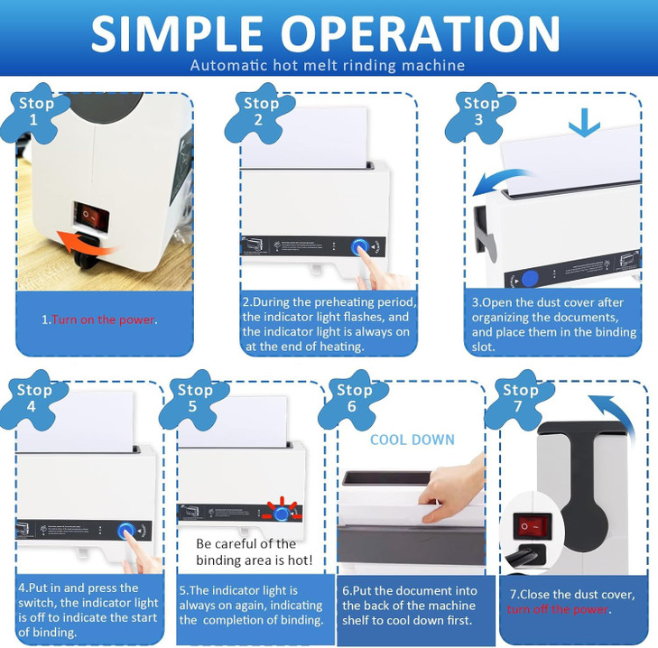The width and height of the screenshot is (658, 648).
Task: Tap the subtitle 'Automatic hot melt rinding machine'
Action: [x=329, y=65]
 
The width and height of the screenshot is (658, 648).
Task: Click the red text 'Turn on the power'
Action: [x=104, y=319]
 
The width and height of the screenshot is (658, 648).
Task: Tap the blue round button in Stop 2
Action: [x=361, y=246]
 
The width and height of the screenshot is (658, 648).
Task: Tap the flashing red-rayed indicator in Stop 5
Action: [x=286, y=512]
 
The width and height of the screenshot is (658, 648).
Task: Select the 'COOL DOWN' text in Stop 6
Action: [x=412, y=440]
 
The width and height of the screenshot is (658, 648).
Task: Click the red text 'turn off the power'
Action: [x=559, y=609]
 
